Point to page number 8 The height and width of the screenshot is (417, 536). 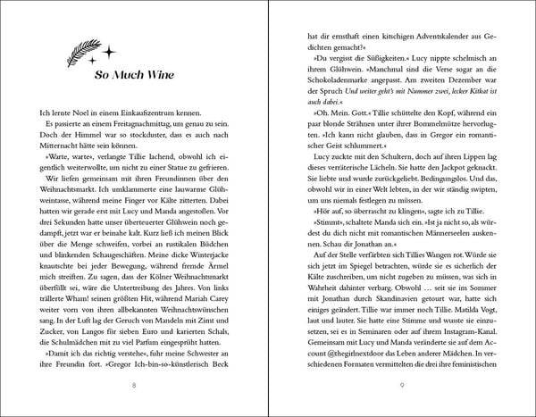[x=134, y=385]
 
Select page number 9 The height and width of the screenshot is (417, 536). [x=402, y=385]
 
